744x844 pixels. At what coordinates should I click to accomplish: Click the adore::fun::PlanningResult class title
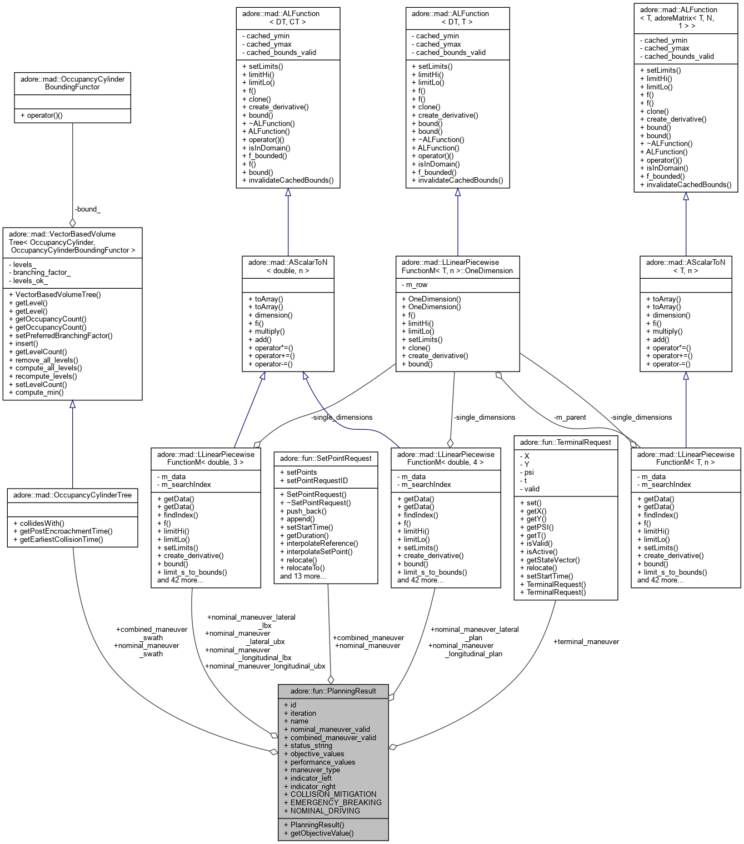tap(333, 691)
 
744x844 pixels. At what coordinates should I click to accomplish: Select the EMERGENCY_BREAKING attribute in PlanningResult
tap(336, 802)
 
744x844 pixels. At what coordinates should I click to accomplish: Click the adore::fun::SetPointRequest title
tap(326, 458)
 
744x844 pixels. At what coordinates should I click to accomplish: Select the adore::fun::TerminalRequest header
tap(565, 442)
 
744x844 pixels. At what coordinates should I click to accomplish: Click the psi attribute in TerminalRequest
tap(529, 473)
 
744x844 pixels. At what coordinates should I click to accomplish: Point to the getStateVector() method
tap(553, 560)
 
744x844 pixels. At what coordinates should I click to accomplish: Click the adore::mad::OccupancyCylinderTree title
tap(72, 495)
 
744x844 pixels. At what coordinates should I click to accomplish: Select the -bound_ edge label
tap(88, 209)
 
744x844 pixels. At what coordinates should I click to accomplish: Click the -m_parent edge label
tap(570, 417)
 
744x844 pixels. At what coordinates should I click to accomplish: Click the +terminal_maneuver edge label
tap(586, 641)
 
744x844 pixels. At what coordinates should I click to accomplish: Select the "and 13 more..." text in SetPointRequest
tap(303, 576)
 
